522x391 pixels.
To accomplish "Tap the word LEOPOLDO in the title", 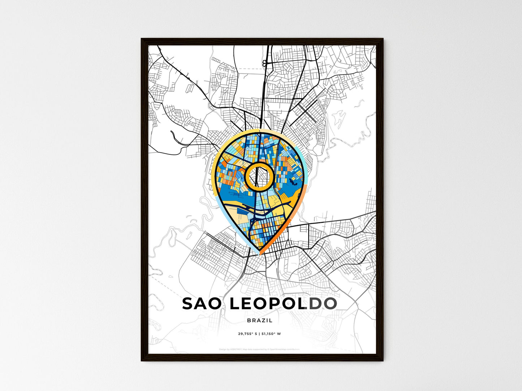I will click(x=283, y=304).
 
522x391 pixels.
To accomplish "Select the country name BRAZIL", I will click(x=260, y=320).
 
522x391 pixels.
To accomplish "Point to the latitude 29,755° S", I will click(x=247, y=334).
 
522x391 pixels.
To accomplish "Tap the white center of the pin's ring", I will click(x=259, y=176).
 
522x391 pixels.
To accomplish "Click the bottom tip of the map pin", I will click(x=260, y=254).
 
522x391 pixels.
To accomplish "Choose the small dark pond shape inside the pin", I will click(x=293, y=182).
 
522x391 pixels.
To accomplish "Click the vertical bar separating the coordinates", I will click(x=259, y=334).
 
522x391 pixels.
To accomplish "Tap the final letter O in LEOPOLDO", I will click(x=329, y=304).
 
